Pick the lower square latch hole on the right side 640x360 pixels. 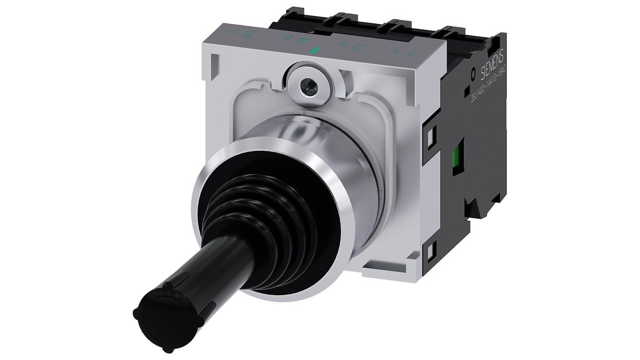point(431,252)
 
